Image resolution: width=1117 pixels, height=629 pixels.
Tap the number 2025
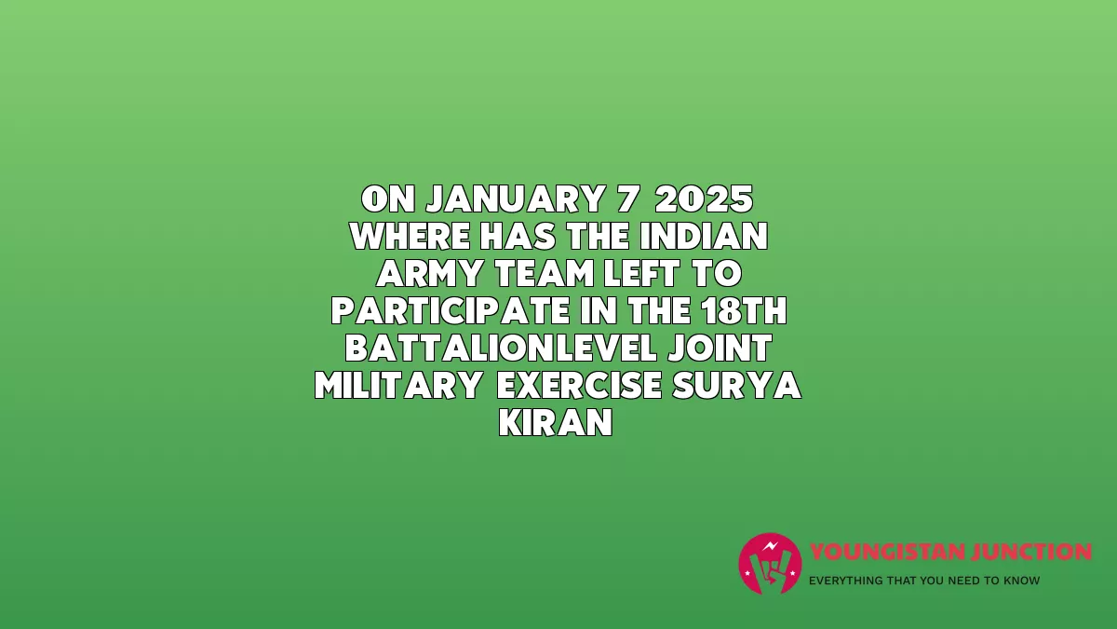click(x=704, y=198)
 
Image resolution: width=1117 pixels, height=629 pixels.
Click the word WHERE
click(x=410, y=236)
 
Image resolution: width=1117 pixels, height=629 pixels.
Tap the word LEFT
click(x=641, y=274)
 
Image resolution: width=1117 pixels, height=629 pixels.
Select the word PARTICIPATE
click(x=450, y=311)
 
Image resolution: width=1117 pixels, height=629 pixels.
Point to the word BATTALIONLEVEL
click(x=501, y=349)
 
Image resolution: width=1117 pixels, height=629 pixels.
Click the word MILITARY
click(x=398, y=386)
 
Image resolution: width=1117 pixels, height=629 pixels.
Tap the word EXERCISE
click(x=579, y=386)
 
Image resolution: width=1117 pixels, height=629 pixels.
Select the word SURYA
click(x=737, y=386)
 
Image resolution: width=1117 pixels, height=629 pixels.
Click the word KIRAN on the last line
click(x=556, y=423)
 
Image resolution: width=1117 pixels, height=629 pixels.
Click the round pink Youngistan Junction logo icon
click(x=770, y=564)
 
